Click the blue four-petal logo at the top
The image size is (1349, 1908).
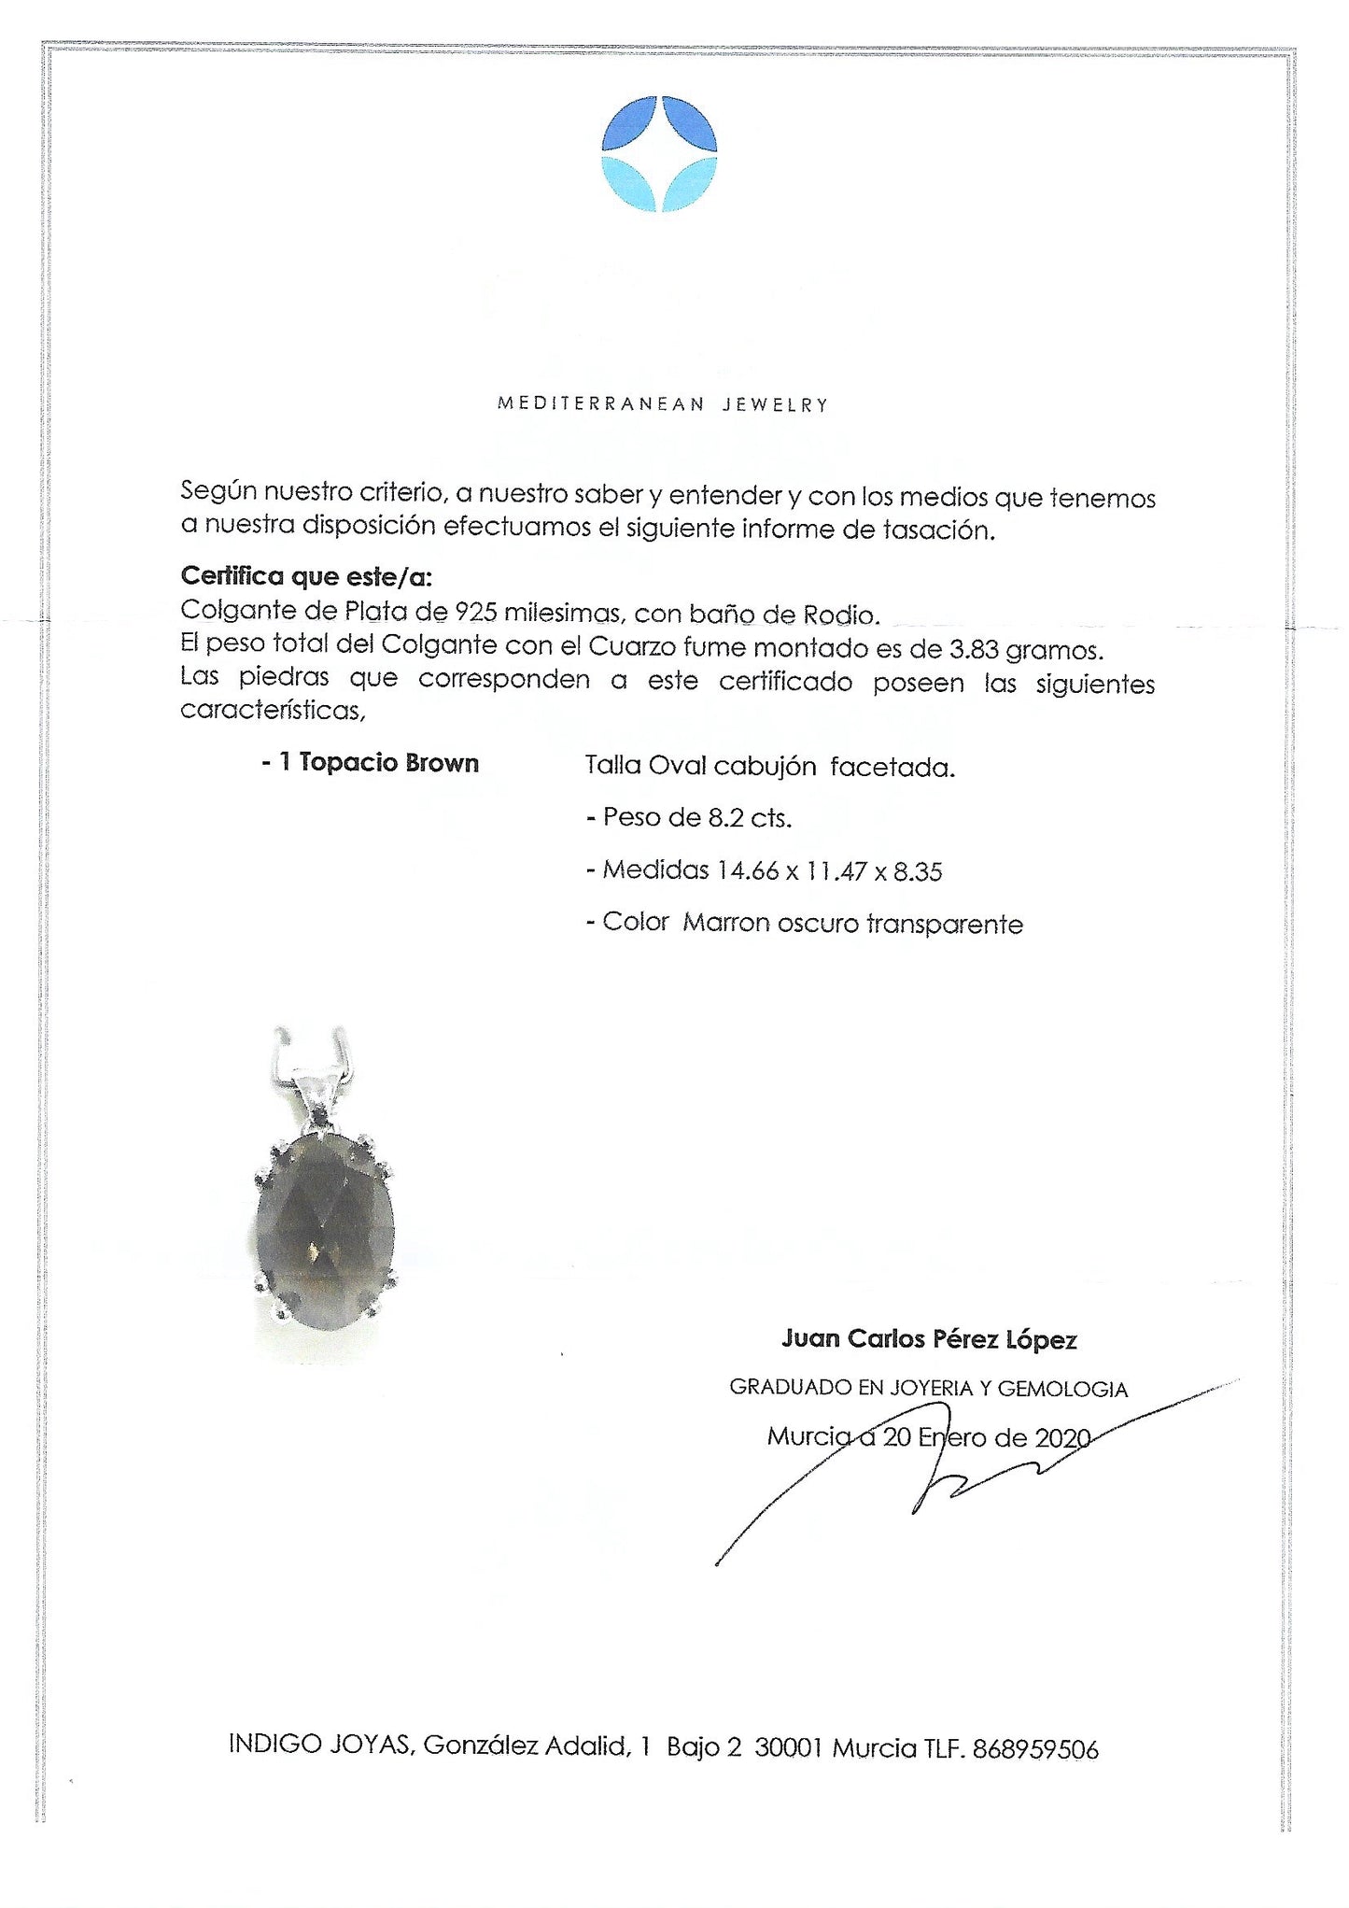coord(659,154)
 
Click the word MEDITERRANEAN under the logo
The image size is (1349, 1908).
coord(600,404)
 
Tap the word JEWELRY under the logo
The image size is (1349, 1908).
coord(775,404)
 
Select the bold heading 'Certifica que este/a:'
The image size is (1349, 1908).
coord(306,576)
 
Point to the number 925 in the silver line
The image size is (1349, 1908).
coord(475,613)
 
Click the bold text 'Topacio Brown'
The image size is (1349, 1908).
coord(388,763)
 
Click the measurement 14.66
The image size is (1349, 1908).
coord(747,870)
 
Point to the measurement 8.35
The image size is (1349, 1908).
coord(918,871)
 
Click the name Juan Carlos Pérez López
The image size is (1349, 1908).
coord(929,1339)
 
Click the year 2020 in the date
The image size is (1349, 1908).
coord(1062,1437)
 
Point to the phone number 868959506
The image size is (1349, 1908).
coord(1034,1749)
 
